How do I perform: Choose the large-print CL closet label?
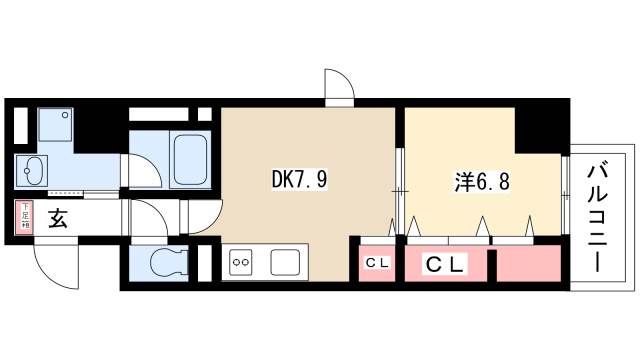coord(444,265)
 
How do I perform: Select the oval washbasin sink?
coord(32,170)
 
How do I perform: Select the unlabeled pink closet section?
coord(527,265)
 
